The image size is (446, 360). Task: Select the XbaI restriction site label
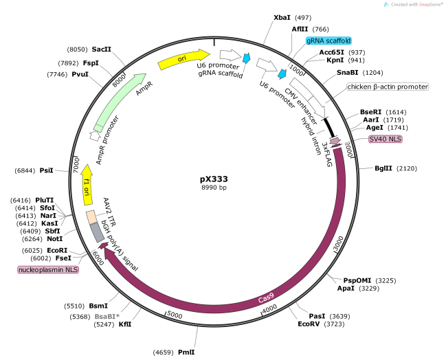282,16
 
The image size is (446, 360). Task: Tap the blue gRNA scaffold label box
328,41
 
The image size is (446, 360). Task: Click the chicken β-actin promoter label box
388,87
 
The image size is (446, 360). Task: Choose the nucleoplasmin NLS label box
48,270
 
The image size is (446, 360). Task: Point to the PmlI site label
186,352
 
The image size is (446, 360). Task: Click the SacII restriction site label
101,49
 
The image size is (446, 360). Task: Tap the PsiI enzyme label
47,170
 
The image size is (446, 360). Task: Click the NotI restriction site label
54,239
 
